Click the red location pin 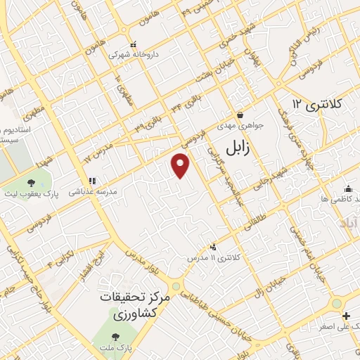181,165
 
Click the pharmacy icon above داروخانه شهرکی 134,43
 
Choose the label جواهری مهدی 239,126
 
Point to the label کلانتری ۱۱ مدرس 214,258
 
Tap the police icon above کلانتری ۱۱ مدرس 213,247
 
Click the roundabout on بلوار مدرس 176,285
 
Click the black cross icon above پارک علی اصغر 337,314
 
